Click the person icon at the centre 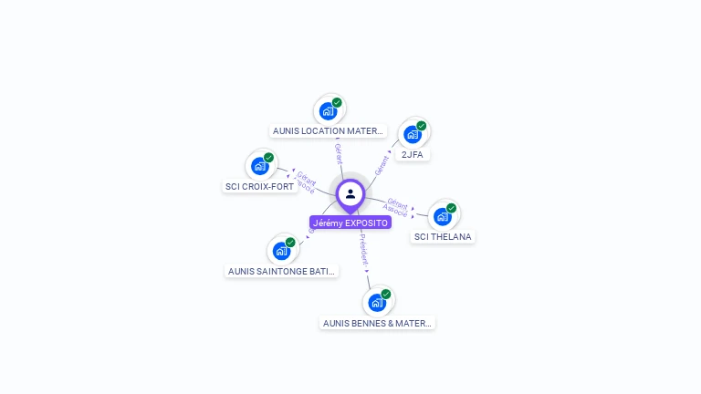click(x=350, y=193)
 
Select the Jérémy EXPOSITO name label click(x=350, y=223)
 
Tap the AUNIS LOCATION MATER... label click(x=329, y=130)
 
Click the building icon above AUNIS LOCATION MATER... click(x=328, y=111)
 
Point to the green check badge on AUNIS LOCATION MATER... click(x=337, y=102)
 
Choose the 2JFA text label click(x=413, y=154)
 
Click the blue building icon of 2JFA click(x=413, y=135)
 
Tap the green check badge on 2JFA click(x=422, y=126)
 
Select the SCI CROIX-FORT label click(x=260, y=186)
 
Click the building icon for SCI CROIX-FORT click(x=260, y=167)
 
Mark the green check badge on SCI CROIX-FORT click(x=269, y=158)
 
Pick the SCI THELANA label click(x=444, y=236)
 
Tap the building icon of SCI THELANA click(x=443, y=217)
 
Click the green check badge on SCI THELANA click(x=452, y=208)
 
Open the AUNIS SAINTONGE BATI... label click(x=281, y=271)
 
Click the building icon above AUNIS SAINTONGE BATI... click(x=281, y=251)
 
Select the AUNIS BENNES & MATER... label click(x=378, y=323)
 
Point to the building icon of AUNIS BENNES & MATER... click(x=377, y=303)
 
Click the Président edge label click(x=363, y=249)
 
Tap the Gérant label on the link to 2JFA click(x=382, y=164)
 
